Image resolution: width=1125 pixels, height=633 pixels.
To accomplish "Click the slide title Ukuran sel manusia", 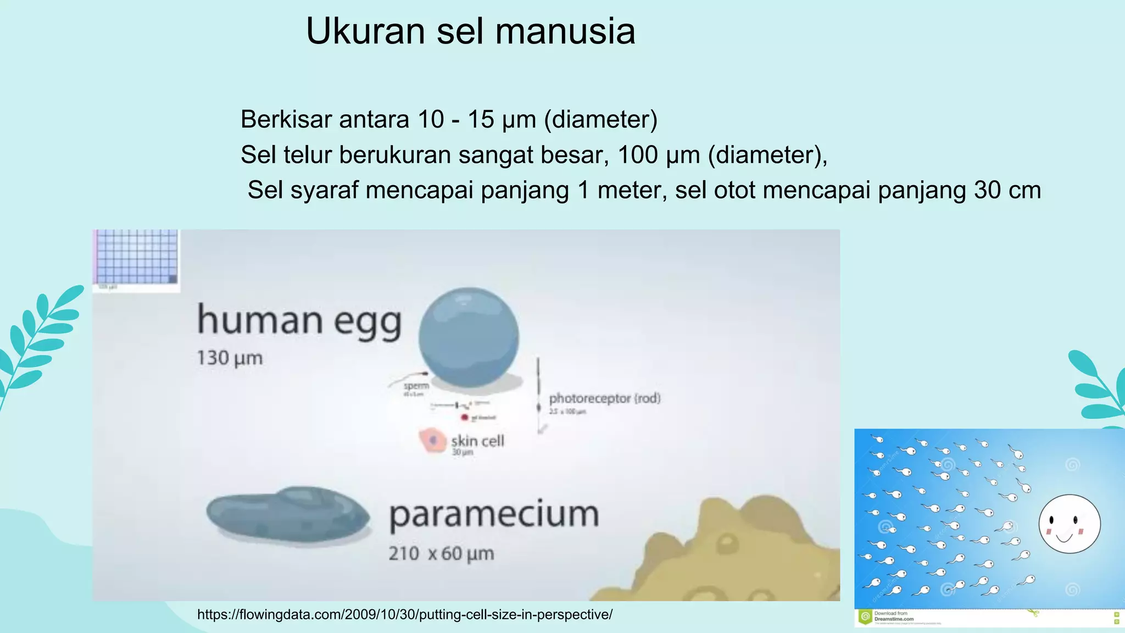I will [471, 31].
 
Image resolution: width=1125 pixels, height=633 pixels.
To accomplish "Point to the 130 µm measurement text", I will [230, 358].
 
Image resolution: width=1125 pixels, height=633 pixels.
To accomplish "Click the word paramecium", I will [493, 515].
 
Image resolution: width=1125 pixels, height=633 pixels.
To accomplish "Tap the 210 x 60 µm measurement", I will [441, 553].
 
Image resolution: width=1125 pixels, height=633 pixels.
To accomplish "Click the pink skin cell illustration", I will [432, 440].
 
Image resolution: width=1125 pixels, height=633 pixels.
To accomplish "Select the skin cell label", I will [477, 441].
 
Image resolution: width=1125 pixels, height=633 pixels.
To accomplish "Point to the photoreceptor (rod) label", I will [604, 398].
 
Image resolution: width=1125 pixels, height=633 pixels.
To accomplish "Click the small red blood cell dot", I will [464, 418].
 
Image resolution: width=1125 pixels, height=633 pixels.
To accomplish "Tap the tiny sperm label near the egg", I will [416, 386].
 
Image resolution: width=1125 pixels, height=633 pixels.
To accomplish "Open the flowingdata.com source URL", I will [404, 614].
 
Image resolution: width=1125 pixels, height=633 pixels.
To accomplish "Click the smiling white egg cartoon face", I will [1069, 524].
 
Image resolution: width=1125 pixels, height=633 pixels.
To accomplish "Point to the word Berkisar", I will [286, 119].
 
